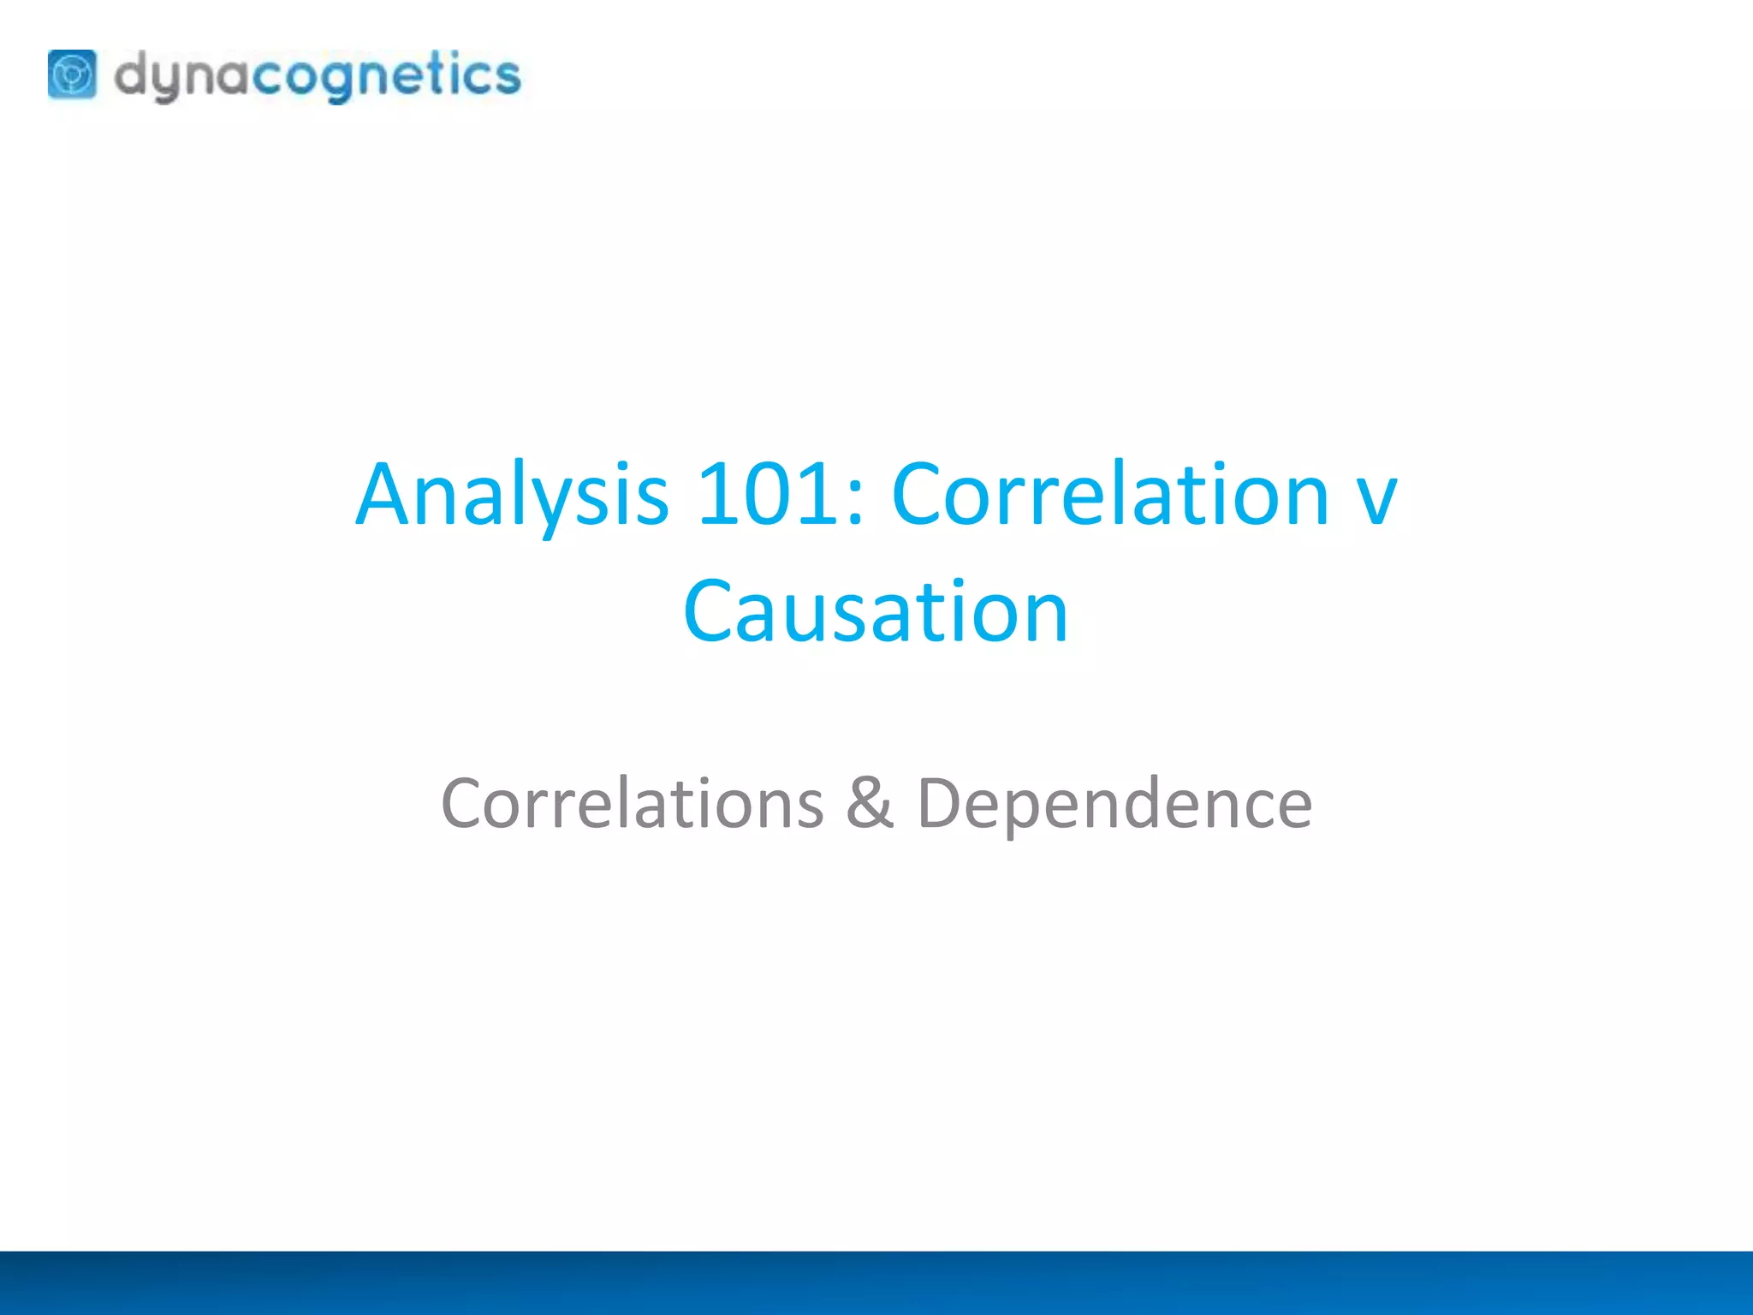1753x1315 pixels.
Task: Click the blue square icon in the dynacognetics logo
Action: coord(72,74)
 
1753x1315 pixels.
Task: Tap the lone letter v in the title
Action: coord(1377,505)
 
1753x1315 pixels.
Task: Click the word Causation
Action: coord(876,611)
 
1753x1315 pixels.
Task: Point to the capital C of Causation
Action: coord(710,611)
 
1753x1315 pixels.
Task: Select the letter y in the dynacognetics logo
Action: coord(168,82)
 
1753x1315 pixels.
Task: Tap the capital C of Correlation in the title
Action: coord(918,495)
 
